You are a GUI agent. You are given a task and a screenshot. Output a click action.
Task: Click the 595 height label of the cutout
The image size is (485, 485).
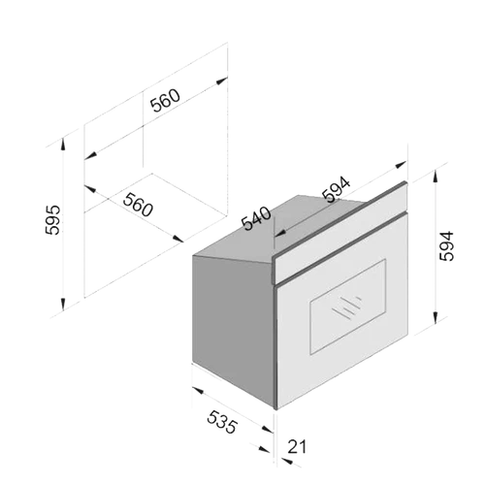point(52,219)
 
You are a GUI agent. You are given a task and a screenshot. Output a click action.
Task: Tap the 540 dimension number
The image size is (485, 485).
point(256,218)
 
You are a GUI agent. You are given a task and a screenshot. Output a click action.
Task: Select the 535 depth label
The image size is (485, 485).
point(222,422)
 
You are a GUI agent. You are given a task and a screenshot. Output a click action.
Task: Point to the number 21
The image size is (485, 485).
point(297,447)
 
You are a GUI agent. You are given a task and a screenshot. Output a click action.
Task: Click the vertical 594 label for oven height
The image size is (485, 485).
point(446,246)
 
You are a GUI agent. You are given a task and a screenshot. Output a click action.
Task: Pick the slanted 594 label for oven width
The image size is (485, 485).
point(337,189)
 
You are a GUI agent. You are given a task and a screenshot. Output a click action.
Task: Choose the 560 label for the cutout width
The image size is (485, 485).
point(165,100)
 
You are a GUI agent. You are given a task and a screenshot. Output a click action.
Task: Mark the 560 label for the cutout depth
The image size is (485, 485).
point(138,205)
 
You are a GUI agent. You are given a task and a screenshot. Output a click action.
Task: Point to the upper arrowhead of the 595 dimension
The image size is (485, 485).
point(63,145)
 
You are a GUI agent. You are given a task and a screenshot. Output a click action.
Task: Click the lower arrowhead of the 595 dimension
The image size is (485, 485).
point(63,303)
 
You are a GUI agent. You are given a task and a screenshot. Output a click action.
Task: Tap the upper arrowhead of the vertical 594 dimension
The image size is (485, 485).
point(436,177)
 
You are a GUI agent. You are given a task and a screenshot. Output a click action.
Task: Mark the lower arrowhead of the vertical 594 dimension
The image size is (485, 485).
point(436,316)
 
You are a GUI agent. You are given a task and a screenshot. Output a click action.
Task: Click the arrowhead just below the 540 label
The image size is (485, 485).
point(280,233)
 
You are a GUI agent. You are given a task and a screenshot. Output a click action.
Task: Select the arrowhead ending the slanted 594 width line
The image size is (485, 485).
point(401,165)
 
